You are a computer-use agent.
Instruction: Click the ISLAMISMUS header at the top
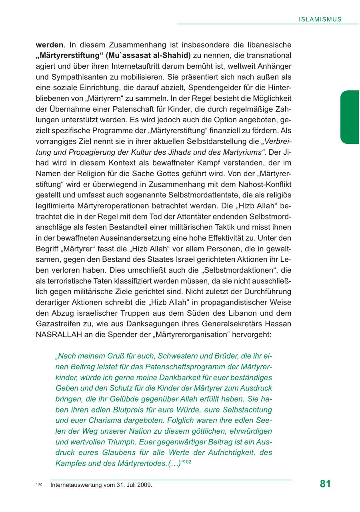click(x=320, y=19)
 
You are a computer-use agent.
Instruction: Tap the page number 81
click(x=326, y=484)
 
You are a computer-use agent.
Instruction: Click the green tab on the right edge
click(x=350, y=117)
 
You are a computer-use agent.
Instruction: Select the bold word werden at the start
click(x=50, y=45)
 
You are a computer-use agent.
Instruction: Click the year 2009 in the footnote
click(x=144, y=485)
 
